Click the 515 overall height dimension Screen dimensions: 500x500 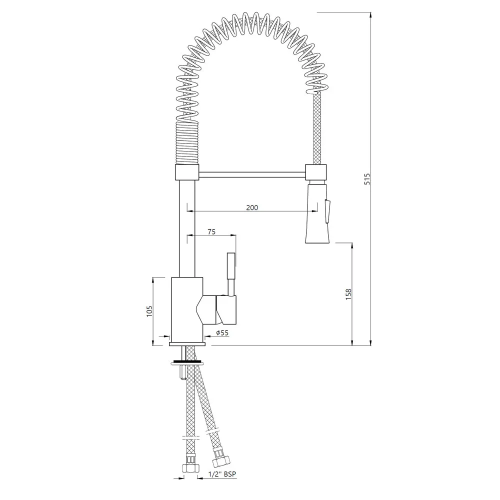point(367,179)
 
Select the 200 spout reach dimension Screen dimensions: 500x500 point(252,207)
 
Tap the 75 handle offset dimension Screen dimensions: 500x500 point(211,231)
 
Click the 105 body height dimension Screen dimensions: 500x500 point(148,311)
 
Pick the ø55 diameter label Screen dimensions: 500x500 point(222,333)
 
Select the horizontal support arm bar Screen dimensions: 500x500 point(252,173)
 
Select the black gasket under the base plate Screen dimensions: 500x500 point(187,361)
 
